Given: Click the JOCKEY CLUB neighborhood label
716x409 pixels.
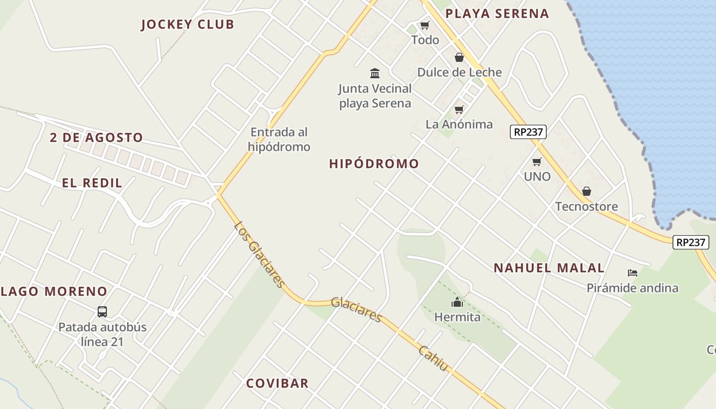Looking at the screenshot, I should (187, 25).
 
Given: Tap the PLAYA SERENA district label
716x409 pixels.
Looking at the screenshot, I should (497, 14).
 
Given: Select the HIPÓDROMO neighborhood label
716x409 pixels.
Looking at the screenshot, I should (374, 164).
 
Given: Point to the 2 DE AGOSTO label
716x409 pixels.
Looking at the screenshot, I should (96, 138).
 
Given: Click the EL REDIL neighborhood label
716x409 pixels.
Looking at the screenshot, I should (92, 183).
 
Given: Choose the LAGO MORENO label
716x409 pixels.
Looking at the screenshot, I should (54, 292).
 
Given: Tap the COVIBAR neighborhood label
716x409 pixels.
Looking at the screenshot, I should (277, 383).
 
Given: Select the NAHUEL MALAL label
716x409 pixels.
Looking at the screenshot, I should (549, 268).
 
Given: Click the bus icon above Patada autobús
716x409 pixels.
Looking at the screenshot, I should (102, 311).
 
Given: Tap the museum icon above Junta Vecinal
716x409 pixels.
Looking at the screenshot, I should (375, 73).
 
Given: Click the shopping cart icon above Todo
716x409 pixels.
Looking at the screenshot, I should (424, 25).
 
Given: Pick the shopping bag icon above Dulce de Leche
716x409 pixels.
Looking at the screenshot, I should (459, 57).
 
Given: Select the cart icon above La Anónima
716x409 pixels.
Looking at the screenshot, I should (459, 109).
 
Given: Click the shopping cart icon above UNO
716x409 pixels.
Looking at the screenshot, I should (536, 162).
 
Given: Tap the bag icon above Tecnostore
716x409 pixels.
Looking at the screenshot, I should (587, 192).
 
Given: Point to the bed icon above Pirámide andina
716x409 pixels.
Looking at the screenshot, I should (633, 273).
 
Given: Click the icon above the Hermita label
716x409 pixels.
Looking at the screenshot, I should (457, 302).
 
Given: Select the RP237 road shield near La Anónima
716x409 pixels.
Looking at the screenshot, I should (528, 132).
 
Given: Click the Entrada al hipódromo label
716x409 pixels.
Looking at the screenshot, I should (279, 140).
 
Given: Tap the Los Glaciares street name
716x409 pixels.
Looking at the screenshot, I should (259, 254).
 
